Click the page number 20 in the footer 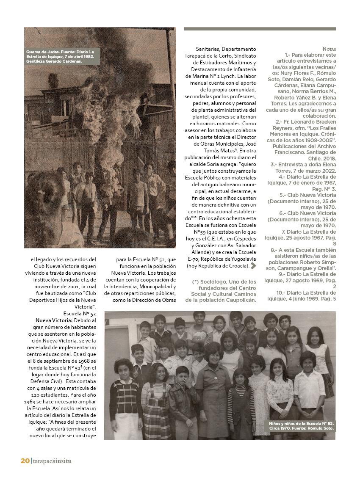pos(25,461)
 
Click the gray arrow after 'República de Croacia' pos(254,266)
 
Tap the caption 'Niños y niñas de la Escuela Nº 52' pos(302,423)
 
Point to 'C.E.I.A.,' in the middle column pos(224,239)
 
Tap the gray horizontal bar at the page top pos(260,29)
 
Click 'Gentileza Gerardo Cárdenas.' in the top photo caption pos(54,61)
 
